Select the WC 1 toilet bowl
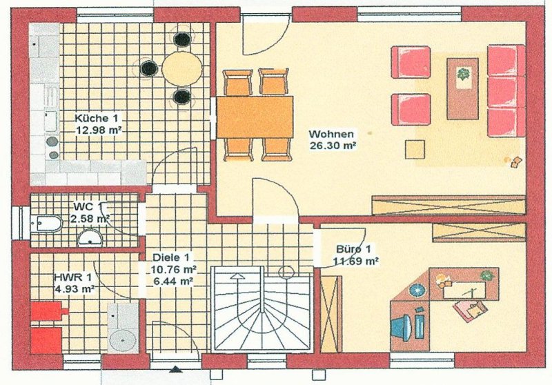tap(48, 224)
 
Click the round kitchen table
tap(182, 68)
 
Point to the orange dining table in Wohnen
tap(255, 117)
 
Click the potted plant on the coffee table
tap(463, 74)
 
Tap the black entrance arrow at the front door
tap(176, 369)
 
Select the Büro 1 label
tap(353, 249)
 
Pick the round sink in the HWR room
tap(123, 340)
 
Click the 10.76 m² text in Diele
tap(174, 270)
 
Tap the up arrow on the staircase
tap(237, 276)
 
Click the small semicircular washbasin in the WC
tap(90, 238)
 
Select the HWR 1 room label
tap(72, 277)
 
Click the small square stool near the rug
tap(415, 149)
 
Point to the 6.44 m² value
tap(173, 281)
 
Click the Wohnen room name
tap(331, 134)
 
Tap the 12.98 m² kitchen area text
tap(99, 130)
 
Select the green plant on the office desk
tap(487, 275)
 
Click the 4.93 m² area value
tap(75, 289)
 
